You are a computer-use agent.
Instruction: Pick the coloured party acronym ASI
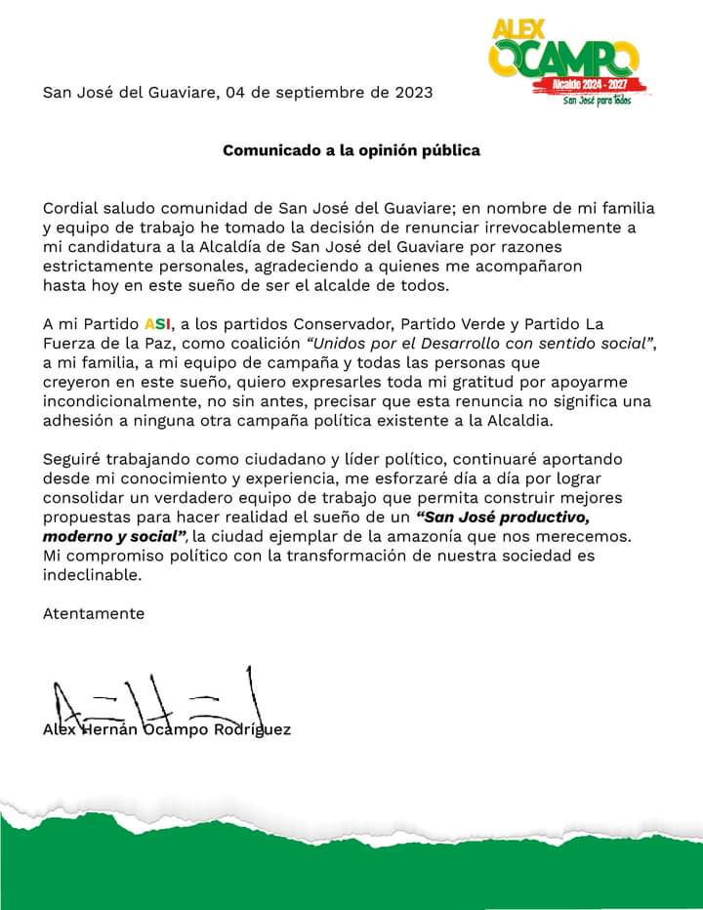coord(156,323)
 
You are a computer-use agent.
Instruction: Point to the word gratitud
coord(491,382)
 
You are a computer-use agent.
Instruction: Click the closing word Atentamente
coord(94,614)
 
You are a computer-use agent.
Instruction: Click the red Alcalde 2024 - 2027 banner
coord(581,85)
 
